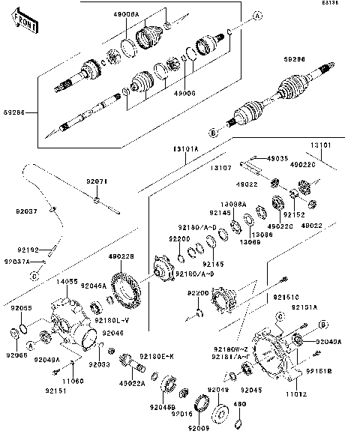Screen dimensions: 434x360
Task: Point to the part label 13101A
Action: point(184,149)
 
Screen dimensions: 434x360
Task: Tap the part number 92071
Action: point(97,181)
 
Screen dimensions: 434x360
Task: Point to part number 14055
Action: point(67,281)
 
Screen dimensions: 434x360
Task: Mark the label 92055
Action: point(20,308)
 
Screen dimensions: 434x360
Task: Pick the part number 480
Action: point(240,405)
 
